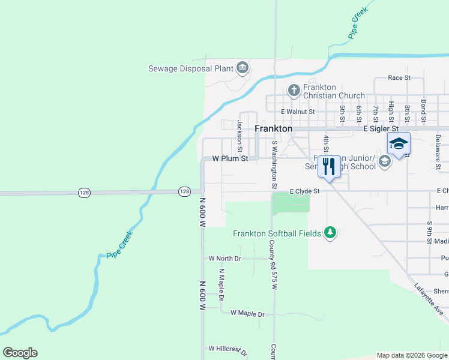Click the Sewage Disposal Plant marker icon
tap(243, 67)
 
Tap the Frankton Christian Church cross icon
tap(294, 91)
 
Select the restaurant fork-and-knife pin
tap(328, 166)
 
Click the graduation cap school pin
tap(399, 143)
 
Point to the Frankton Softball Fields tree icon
tap(330, 232)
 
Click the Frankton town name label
tap(274, 128)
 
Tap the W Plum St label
tap(231, 159)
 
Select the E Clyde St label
tap(304, 191)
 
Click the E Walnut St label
tap(298, 112)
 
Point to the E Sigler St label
tap(381, 128)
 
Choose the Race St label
tap(399, 78)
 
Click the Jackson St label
tap(240, 136)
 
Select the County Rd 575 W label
tap(273, 264)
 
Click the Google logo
tap(20, 353)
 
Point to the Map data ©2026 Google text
tap(411, 355)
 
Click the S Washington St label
tap(274, 164)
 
